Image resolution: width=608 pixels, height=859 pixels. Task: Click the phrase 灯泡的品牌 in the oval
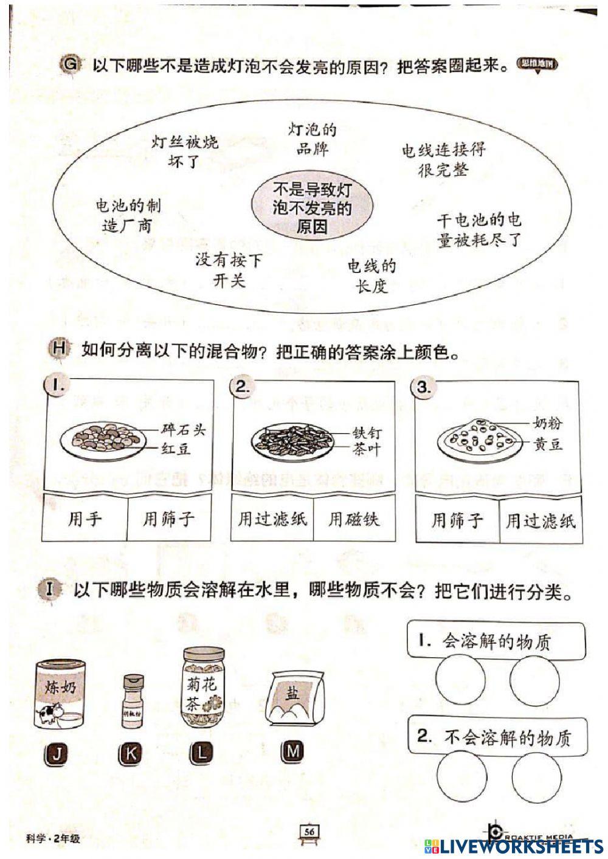click(312, 139)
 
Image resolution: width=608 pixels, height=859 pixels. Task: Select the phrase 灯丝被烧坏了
click(185, 152)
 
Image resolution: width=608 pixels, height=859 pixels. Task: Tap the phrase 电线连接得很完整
click(443, 159)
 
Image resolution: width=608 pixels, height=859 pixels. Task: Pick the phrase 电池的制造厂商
click(128, 216)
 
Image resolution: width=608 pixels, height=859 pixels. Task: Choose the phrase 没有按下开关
click(229, 271)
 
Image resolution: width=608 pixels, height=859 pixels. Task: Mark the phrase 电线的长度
click(371, 275)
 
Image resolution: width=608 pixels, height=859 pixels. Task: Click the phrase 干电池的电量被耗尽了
click(479, 230)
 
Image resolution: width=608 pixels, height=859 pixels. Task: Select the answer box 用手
click(85, 519)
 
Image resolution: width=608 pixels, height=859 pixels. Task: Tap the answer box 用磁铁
click(354, 519)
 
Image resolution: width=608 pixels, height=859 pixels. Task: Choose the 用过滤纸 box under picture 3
click(541, 521)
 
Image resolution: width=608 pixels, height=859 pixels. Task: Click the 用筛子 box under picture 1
click(168, 519)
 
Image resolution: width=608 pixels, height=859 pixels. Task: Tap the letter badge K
click(130, 754)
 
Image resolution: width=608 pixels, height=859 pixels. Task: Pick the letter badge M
click(292, 752)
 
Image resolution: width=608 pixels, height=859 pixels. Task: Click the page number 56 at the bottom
click(309, 831)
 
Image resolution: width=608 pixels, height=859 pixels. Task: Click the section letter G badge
click(71, 65)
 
